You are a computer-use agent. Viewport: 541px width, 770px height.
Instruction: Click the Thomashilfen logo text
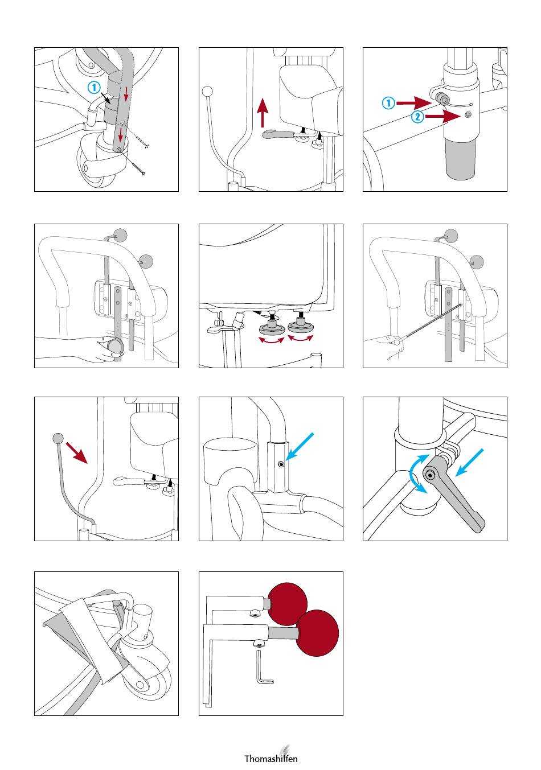click(270, 758)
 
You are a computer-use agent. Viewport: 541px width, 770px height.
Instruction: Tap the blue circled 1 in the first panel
click(94, 87)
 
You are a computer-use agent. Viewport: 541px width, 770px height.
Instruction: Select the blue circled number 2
click(417, 117)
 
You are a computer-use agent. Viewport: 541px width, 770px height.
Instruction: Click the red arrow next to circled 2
click(443, 117)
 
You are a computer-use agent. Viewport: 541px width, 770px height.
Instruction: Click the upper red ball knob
click(287, 604)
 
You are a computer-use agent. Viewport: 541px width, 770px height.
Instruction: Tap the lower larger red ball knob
click(317, 633)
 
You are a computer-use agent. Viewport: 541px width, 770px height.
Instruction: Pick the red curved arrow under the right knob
click(301, 338)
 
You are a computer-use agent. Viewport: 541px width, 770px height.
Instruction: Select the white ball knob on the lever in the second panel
click(208, 92)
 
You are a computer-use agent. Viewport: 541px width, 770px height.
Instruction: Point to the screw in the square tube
click(281, 465)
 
